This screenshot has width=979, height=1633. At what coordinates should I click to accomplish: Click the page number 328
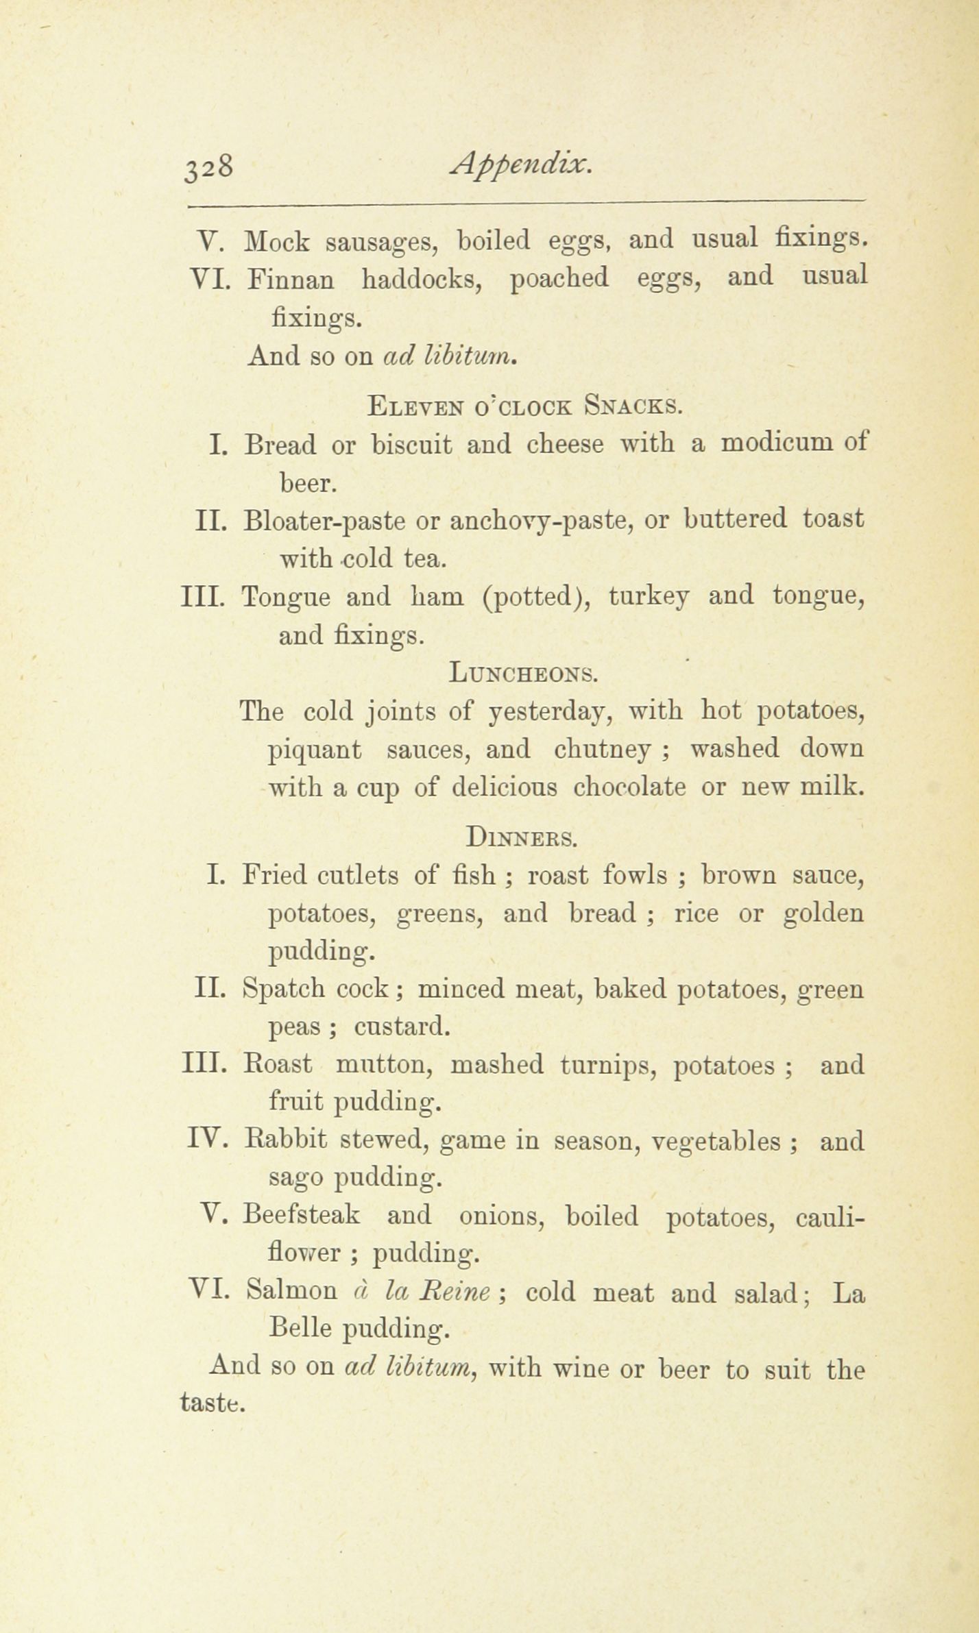209,167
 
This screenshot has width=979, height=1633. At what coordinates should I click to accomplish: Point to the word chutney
602,749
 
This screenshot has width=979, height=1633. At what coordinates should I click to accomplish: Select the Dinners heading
521,837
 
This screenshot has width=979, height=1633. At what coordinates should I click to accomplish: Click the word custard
402,1027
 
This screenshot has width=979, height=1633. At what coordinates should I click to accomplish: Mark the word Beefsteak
302,1216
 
